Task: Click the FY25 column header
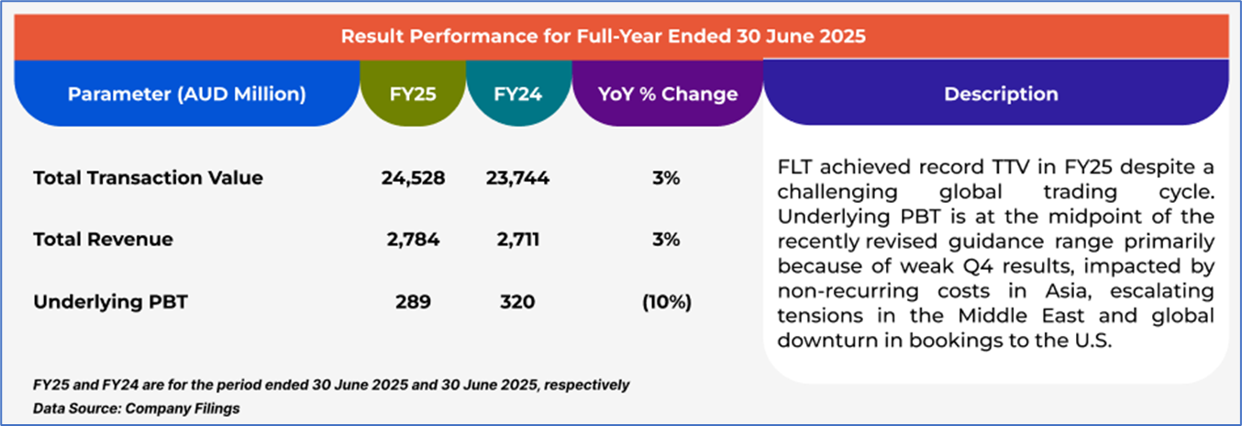pos(413,94)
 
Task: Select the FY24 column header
pos(518,94)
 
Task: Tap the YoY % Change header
pos(667,94)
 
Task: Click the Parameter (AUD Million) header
pos(187,94)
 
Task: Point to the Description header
pos(1001,94)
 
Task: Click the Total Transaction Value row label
pos(148,178)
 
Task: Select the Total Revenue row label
pos(103,240)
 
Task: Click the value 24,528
pos(413,178)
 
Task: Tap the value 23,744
pos(518,178)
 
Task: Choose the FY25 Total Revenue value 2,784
pos(413,240)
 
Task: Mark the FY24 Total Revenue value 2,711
pos(518,240)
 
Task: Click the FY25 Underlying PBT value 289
pos(413,301)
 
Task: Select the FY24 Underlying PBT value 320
pos(518,301)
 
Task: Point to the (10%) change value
pos(667,301)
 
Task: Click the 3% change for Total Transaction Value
pos(667,178)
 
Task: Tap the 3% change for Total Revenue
pos(667,240)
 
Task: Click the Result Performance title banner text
pos(604,37)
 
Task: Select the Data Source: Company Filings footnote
pos(136,408)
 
